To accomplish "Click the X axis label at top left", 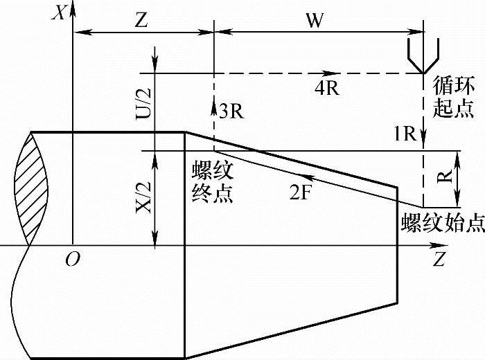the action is pos(61,12).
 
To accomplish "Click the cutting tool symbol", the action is pos(423,54).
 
